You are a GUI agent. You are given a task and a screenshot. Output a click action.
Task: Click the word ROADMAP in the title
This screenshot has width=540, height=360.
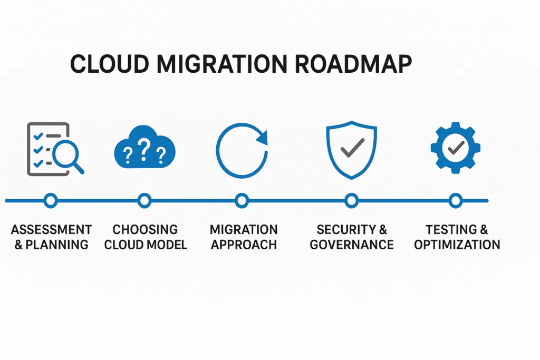(353, 64)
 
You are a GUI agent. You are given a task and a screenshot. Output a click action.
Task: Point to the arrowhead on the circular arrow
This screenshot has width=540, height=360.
(262, 138)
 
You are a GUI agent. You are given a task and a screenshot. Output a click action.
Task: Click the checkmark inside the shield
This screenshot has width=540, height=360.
(351, 149)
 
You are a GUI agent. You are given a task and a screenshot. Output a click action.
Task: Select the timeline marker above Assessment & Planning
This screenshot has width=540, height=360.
(51, 200)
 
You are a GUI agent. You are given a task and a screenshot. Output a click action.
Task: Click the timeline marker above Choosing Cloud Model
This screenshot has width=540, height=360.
(144, 200)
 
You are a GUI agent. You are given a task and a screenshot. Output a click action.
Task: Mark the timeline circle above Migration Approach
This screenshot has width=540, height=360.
(242, 200)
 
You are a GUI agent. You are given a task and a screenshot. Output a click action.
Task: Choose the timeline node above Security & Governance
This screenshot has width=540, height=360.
(351, 200)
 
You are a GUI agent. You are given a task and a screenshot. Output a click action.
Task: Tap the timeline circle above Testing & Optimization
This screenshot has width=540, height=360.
(456, 200)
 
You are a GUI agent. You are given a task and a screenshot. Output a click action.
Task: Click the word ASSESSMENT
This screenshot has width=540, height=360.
(51, 230)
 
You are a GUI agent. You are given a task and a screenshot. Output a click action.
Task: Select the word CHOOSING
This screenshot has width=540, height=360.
(145, 230)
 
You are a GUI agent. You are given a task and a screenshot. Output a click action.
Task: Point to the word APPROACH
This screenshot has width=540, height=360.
(244, 245)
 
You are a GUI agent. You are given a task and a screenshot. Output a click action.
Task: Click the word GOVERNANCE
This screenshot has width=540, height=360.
(352, 245)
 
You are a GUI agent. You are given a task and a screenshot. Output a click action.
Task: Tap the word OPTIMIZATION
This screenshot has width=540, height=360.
(457, 245)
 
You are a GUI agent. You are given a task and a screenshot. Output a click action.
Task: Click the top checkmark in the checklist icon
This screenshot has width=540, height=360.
(38, 137)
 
